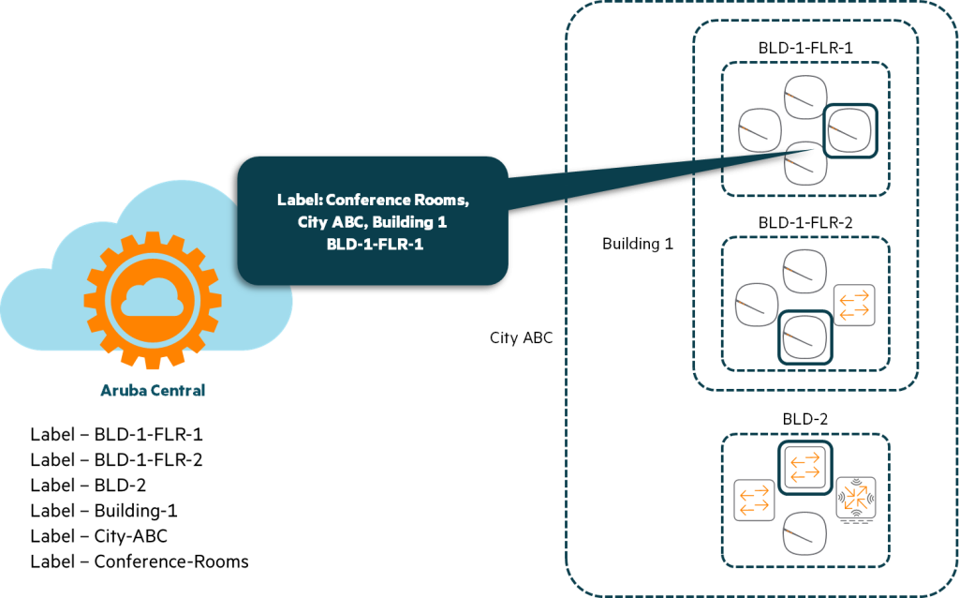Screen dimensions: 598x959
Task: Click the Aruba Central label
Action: click(x=153, y=390)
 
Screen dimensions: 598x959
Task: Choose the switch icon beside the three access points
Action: click(x=854, y=306)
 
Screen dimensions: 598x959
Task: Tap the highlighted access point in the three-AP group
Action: click(x=804, y=335)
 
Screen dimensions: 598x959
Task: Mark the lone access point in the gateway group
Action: click(x=804, y=534)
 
